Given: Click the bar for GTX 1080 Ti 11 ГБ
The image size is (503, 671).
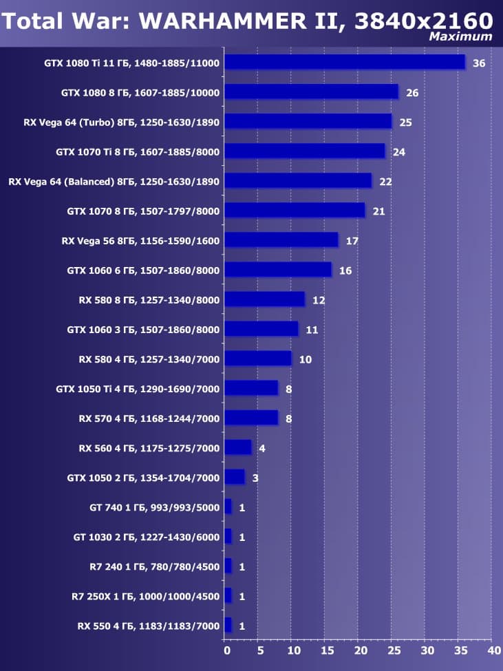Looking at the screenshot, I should [345, 63].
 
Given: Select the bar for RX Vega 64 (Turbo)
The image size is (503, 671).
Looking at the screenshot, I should [308, 122].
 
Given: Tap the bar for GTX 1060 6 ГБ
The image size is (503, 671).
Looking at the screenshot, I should [278, 270].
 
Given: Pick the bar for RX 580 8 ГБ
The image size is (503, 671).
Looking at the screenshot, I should [264, 299].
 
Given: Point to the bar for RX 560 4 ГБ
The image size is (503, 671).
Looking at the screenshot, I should [238, 448].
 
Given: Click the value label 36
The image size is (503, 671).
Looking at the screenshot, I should [479, 63].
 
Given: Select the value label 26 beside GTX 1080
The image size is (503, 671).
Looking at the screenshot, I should [412, 93].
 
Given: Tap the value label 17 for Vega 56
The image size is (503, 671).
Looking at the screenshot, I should [352, 241].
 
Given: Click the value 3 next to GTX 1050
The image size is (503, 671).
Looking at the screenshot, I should [255, 478].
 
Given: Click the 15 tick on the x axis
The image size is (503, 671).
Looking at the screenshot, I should [327, 649].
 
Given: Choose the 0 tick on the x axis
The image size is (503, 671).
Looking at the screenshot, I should [226, 649].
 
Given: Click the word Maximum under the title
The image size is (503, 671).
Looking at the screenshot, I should [460, 36].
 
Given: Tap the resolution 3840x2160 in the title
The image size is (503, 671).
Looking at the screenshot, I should [424, 21].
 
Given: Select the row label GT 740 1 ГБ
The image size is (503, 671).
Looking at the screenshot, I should [154, 508].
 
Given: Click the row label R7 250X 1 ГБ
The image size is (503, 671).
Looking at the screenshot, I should [145, 597].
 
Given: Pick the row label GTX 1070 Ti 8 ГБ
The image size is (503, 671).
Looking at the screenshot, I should [138, 152].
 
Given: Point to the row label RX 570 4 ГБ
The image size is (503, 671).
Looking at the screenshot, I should [149, 418].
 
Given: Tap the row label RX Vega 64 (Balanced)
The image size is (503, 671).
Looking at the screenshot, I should [114, 182].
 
